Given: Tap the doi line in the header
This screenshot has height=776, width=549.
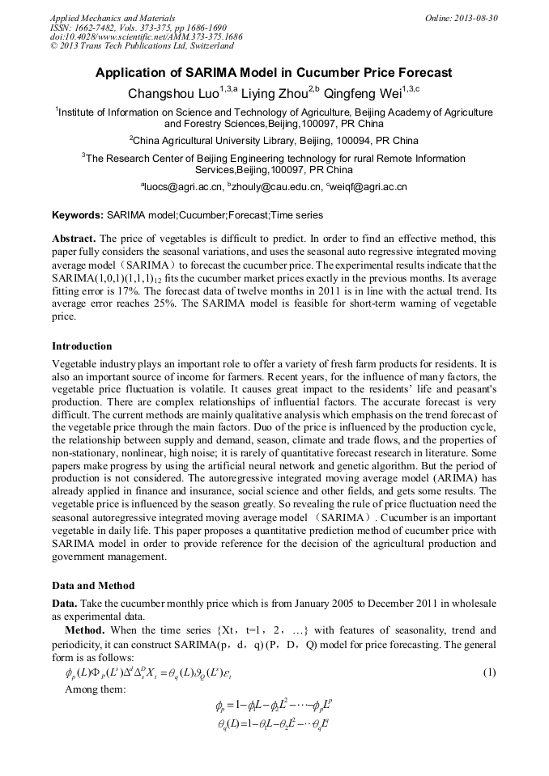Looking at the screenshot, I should [146, 36].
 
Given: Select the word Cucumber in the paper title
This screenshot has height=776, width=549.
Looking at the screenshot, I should [334, 73].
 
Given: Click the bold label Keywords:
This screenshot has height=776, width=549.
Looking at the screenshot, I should [78, 215].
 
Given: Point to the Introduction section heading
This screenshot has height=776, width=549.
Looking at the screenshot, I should [82, 346].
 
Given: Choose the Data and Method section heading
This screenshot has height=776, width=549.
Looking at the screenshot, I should [93, 585].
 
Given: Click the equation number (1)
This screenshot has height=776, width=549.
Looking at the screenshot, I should [488, 672].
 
